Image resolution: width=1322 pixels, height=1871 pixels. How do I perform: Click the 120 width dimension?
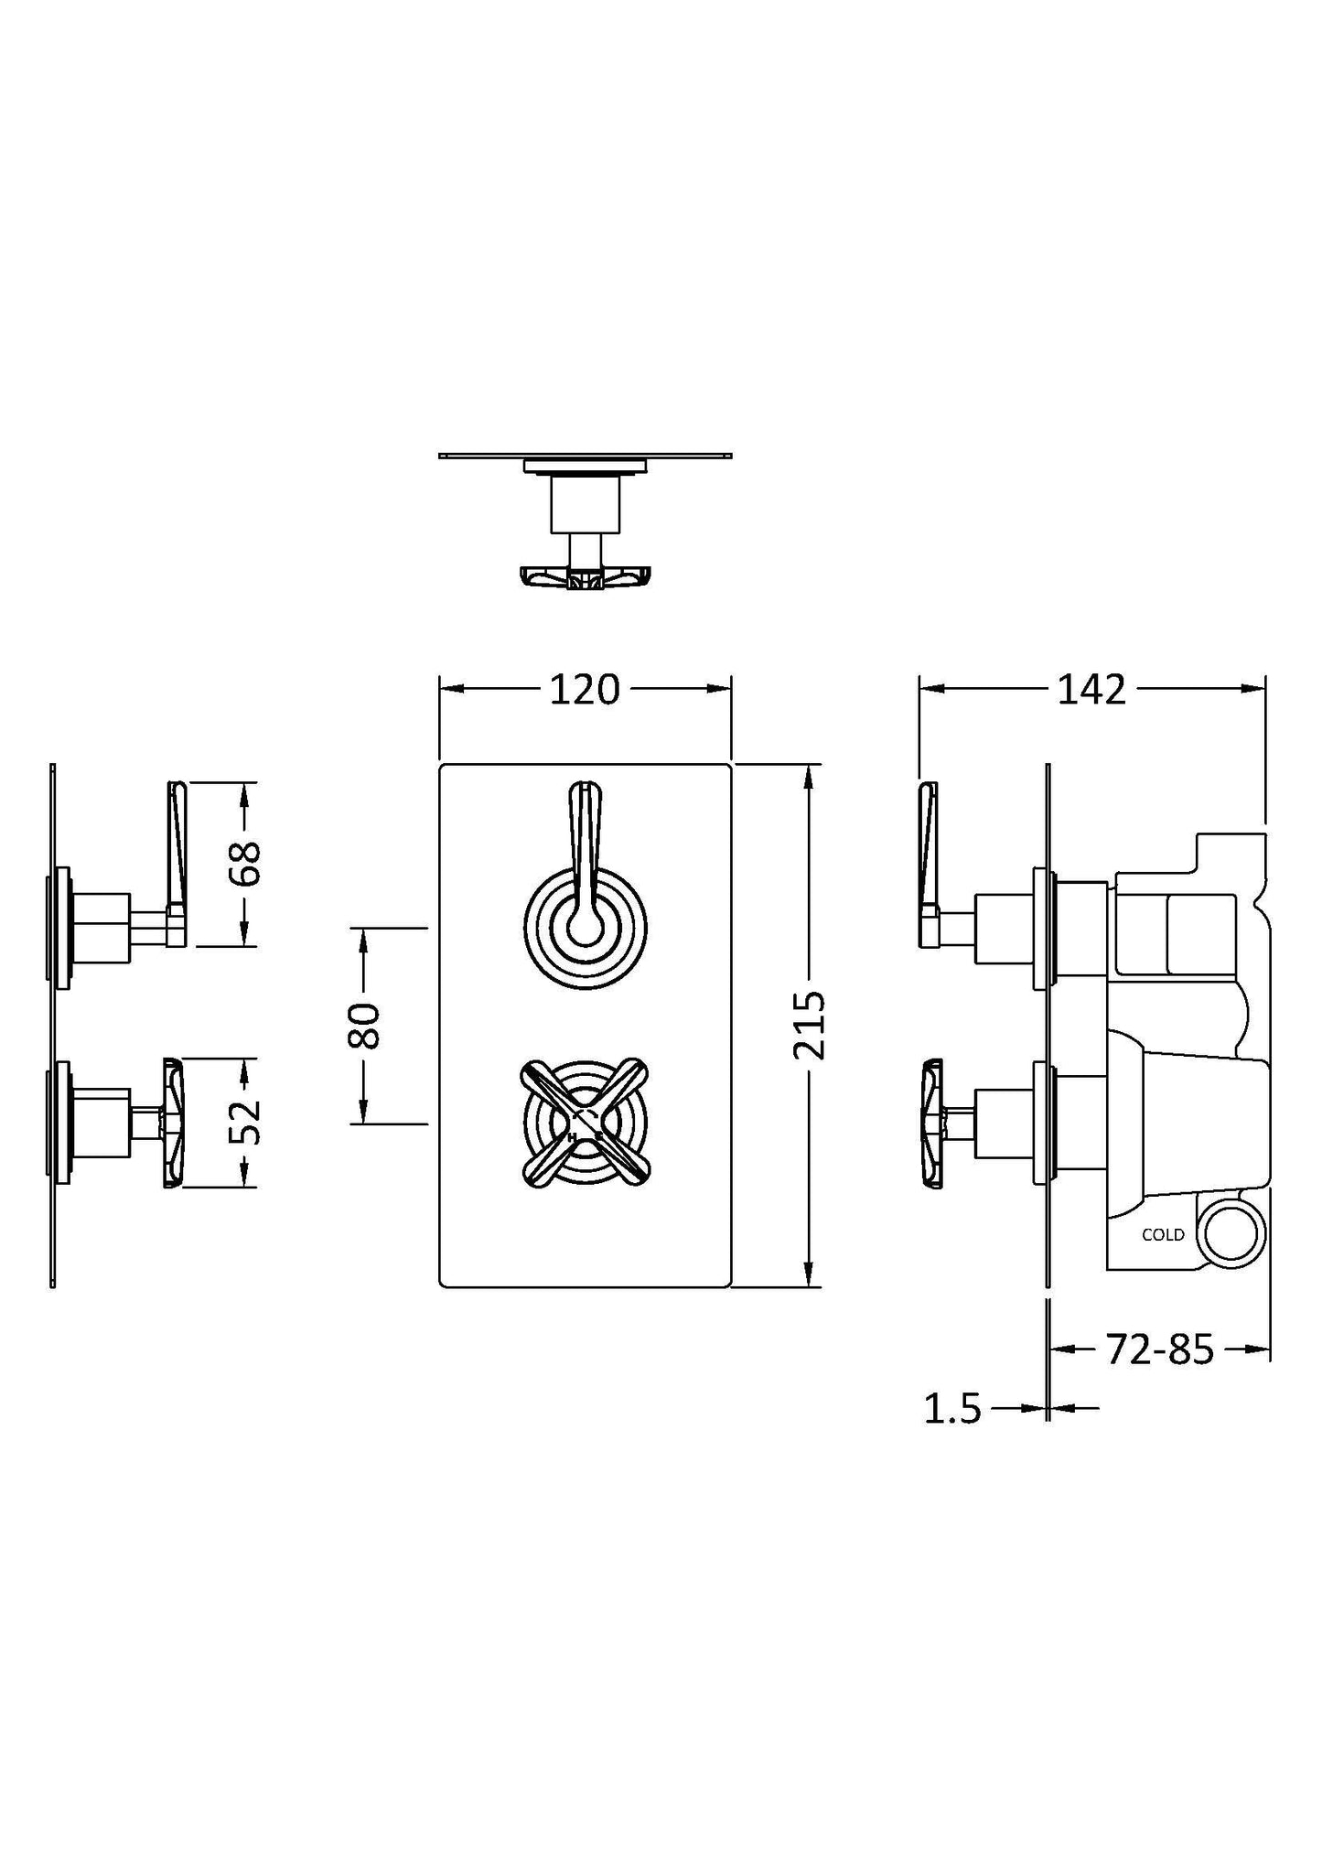click(x=585, y=690)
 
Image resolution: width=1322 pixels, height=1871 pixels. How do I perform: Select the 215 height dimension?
click(x=810, y=1025)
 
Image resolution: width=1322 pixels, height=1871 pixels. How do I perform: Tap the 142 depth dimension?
click(x=1091, y=690)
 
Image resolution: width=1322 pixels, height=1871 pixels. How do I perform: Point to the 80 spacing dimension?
click(x=364, y=1025)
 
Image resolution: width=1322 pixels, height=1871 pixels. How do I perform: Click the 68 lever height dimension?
click(x=245, y=864)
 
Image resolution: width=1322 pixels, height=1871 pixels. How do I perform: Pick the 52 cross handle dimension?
click(x=245, y=1122)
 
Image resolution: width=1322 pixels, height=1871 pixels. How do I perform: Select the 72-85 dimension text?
click(x=1159, y=1349)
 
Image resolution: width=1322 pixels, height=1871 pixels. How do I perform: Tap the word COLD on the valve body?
click(x=1163, y=1235)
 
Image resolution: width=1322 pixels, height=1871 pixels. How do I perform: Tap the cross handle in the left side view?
click(x=172, y=1123)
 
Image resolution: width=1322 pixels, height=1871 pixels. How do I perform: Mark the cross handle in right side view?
click(x=932, y=1123)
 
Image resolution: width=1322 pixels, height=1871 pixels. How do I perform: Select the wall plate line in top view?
click(x=585, y=454)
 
